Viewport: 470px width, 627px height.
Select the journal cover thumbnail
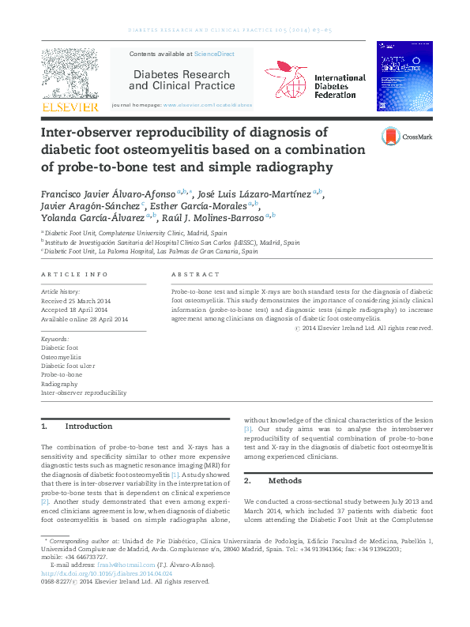pyautogui.click(x=404, y=77)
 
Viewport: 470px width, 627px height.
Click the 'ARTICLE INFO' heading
pyautogui.click(x=74, y=274)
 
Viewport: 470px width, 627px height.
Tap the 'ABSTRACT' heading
pyautogui.click(x=195, y=274)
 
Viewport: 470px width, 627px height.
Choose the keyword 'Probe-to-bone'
pyautogui.click(x=61, y=374)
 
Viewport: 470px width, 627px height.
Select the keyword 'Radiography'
pyautogui.click(x=59, y=383)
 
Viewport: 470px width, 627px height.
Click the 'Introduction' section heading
pyautogui.click(x=88, y=426)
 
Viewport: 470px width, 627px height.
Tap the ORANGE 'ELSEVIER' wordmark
pyautogui.click(x=70, y=107)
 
